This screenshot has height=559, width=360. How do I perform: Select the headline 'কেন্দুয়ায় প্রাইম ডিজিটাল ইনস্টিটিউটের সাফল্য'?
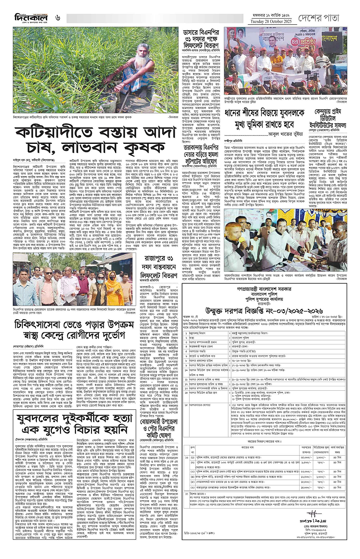coord(326,120)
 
